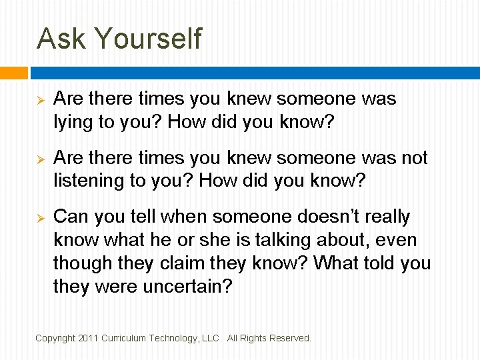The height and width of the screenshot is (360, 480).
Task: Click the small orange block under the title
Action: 13,73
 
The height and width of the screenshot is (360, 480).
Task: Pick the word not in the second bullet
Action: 413,158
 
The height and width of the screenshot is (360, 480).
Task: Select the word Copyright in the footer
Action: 54,338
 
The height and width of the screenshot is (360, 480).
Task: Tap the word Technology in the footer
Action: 171,338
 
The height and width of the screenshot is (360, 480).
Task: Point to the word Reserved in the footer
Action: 289,338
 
